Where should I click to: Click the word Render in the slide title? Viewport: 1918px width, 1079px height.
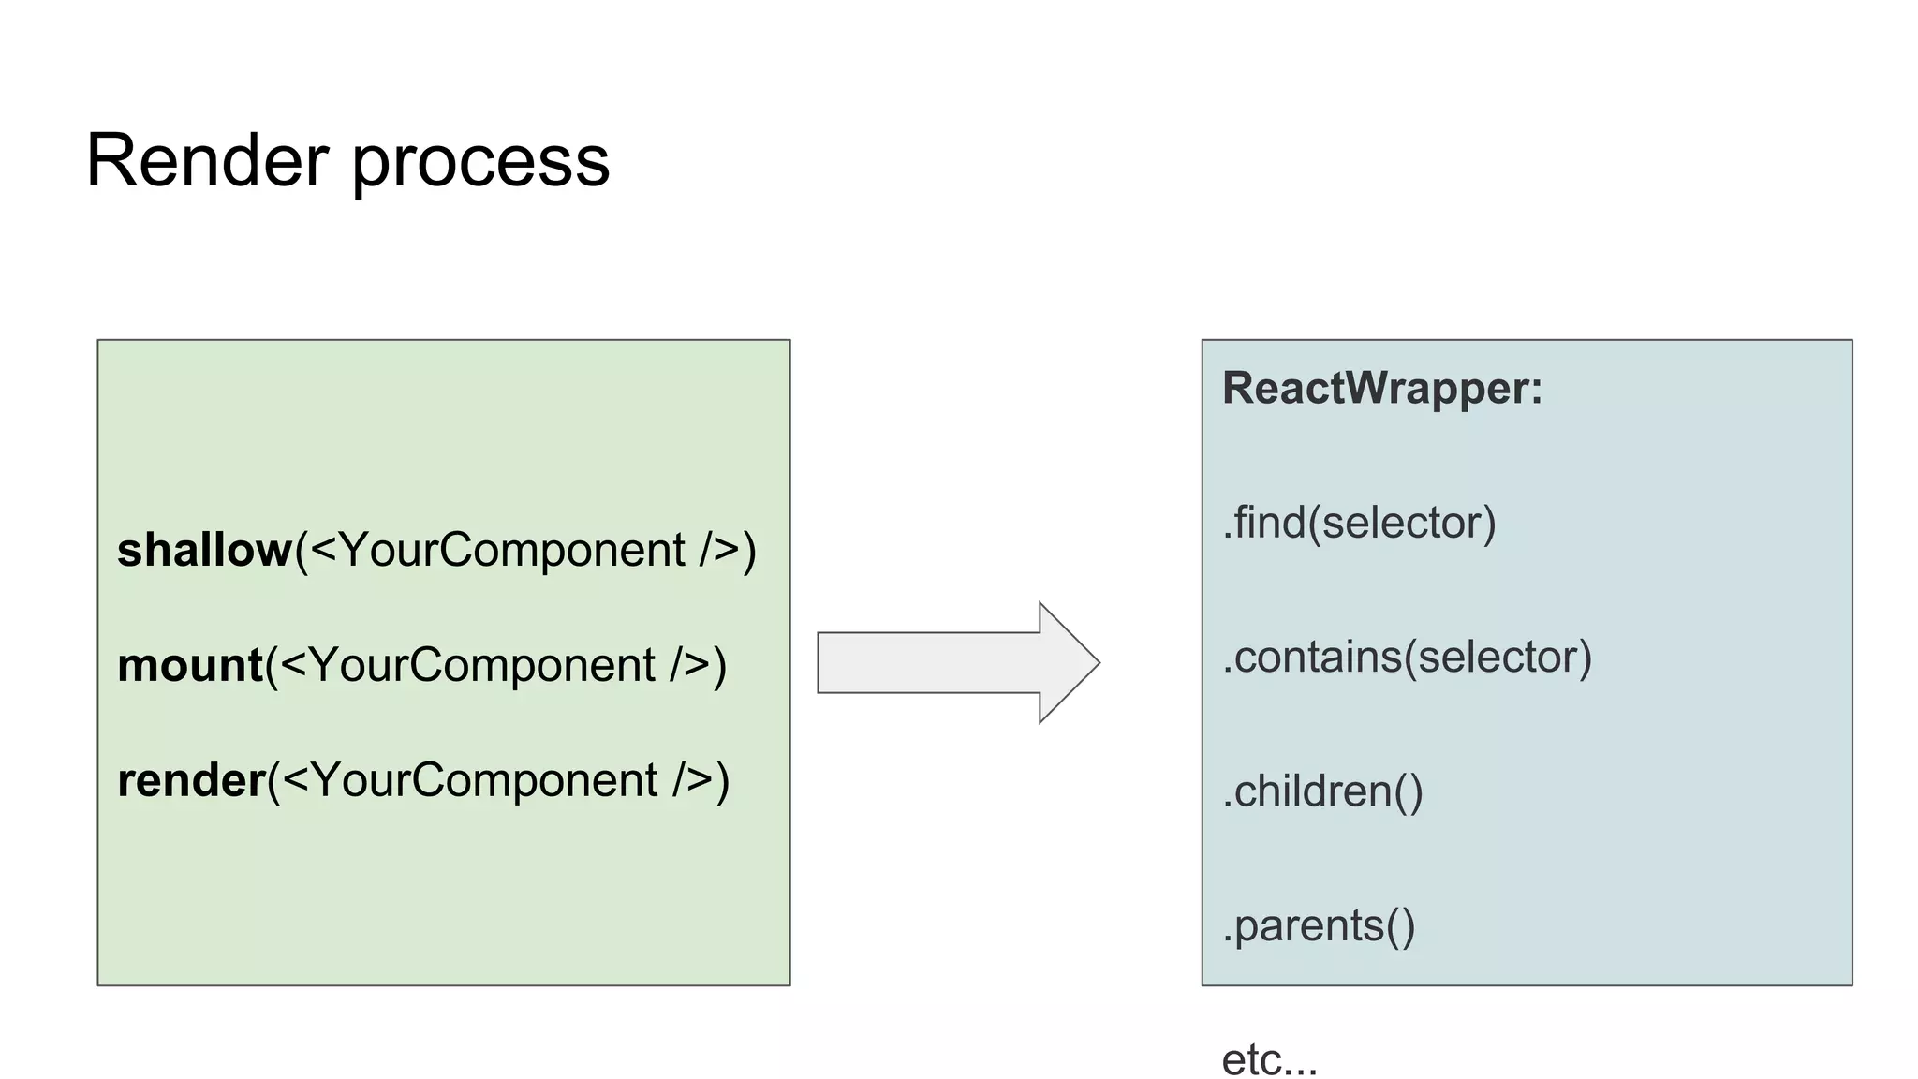pyautogui.click(x=206, y=161)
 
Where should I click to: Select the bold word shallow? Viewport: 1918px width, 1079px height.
pyautogui.click(x=204, y=550)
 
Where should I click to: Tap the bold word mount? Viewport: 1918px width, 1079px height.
pyautogui.click(x=189, y=666)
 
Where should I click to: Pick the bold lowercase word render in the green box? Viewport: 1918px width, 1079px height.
pyautogui.click(x=191, y=781)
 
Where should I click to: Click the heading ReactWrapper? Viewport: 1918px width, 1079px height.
pyautogui.click(x=1381, y=389)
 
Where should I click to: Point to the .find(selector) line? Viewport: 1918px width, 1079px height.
pyautogui.click(x=1358, y=523)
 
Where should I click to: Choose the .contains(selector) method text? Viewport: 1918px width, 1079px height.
pyautogui.click(x=1407, y=658)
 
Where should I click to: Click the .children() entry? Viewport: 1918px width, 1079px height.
pyautogui.click(x=1321, y=792)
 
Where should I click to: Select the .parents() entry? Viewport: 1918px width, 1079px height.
pyautogui.click(x=1318, y=926)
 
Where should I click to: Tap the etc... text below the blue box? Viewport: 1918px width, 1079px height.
pyautogui.click(x=1269, y=1060)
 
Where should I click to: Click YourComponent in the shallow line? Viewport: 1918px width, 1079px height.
pyautogui.click(x=511, y=551)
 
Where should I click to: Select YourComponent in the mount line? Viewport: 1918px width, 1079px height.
pyautogui.click(x=481, y=666)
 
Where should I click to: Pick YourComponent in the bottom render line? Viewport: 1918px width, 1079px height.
pyautogui.click(x=484, y=781)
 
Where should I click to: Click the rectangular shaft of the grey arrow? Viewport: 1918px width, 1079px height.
pyautogui.click(x=927, y=663)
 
